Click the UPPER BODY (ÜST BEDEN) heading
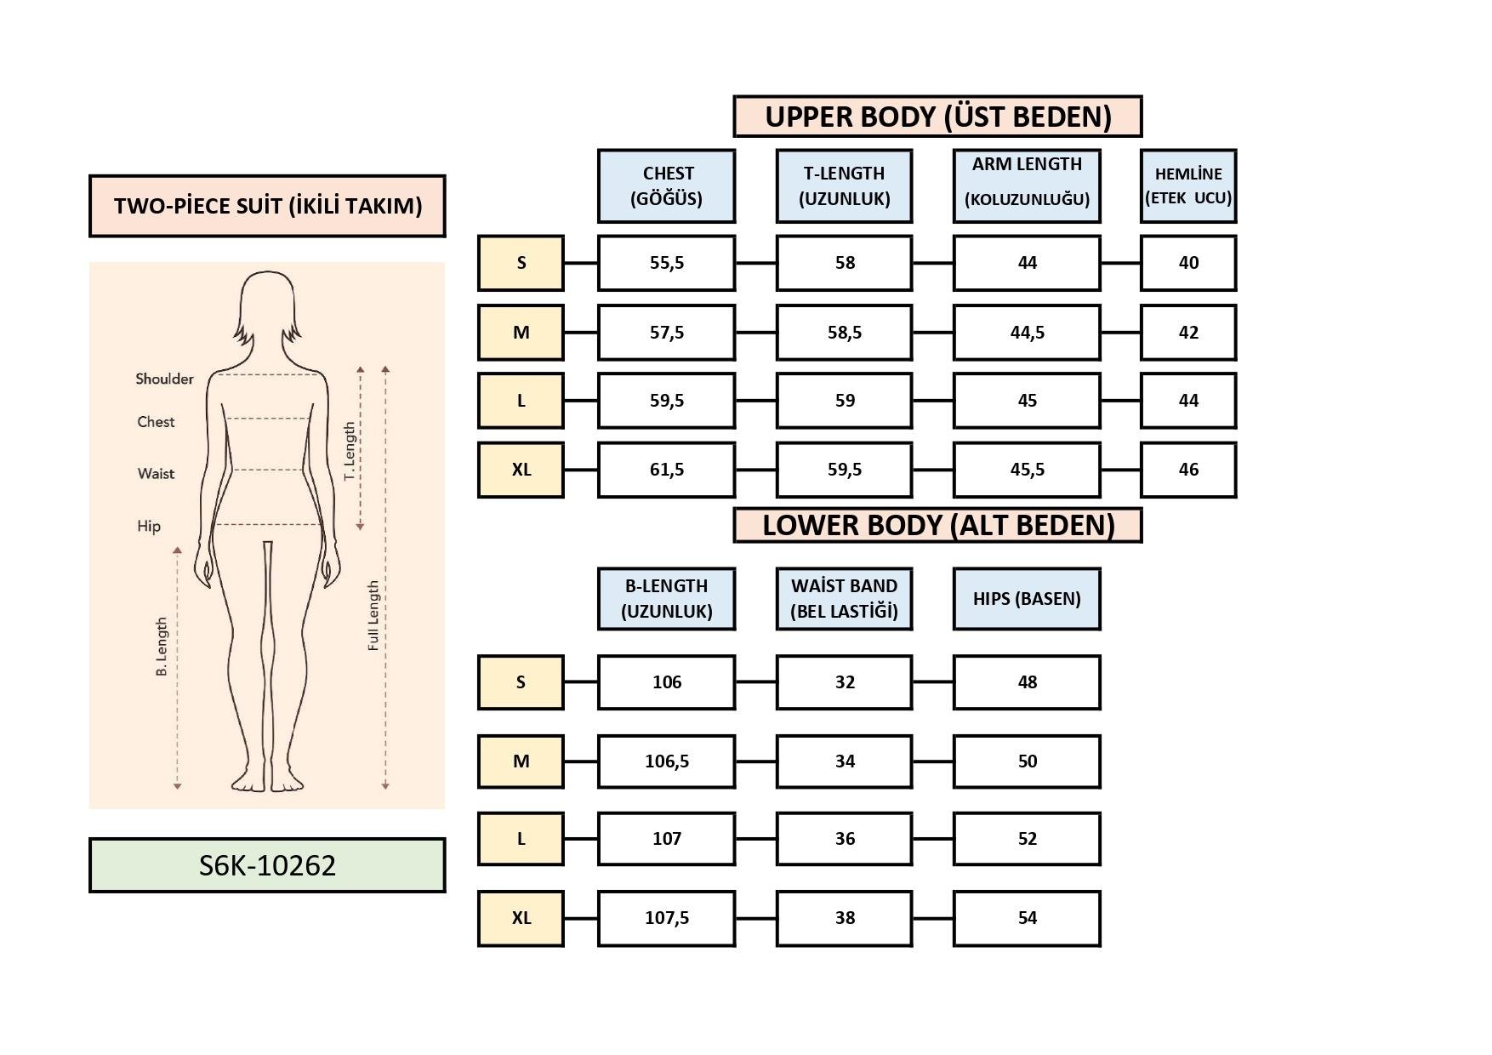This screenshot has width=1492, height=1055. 937,117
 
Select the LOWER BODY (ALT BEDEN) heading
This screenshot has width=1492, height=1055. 937,525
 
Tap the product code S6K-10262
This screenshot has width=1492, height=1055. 267,865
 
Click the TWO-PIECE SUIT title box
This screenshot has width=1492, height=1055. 267,206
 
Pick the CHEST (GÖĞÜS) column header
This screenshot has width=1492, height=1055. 666,186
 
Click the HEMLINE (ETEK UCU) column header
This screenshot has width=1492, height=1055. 1187,186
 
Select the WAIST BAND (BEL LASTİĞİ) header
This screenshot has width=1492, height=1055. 844,599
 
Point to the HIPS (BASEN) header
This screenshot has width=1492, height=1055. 1027,599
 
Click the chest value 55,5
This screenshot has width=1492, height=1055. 666,263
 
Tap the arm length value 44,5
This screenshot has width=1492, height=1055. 1027,333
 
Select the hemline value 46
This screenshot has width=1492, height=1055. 1187,470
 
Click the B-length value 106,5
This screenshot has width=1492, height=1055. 666,761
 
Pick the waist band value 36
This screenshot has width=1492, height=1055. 844,839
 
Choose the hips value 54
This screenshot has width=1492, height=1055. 1027,918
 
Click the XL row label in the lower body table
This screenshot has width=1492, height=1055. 521,918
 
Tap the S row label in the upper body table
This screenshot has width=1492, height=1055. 521,263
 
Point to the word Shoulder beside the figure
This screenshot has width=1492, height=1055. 164,379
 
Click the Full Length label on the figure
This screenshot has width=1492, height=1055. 373,616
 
